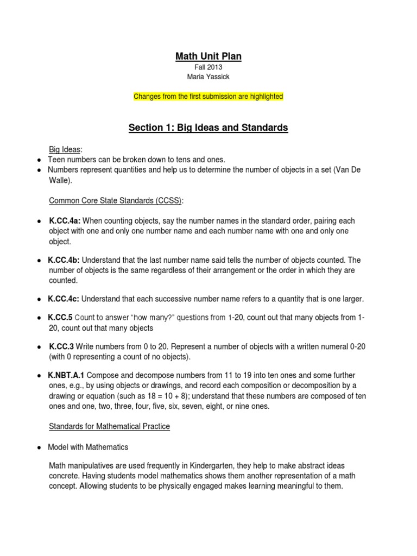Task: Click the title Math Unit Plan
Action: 208,56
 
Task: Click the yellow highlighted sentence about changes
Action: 208,96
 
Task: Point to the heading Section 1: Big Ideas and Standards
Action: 208,128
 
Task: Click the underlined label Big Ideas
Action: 64,150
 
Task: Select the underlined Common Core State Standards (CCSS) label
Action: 116,200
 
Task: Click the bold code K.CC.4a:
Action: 64,221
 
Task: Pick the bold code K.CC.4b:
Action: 64,260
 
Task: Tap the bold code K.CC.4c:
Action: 64,299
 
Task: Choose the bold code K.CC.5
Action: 60,318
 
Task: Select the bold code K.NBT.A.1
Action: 66,375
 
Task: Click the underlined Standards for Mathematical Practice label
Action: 109,427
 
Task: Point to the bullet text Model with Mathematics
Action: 88,447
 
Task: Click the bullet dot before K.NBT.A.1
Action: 40,376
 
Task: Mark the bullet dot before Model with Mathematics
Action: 40,447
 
